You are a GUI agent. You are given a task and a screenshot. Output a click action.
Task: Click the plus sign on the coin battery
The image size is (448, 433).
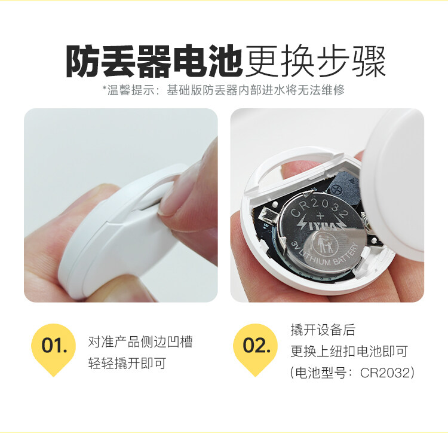coord(320,216)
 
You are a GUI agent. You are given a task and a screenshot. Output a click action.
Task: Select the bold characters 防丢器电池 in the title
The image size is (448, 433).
coord(154,61)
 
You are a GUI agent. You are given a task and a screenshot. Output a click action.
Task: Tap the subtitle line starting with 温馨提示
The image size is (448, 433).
coord(224,90)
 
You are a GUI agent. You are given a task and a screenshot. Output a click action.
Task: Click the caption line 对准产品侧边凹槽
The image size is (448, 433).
coord(140,341)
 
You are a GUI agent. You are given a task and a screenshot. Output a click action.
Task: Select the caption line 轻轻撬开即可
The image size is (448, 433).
coord(127,363)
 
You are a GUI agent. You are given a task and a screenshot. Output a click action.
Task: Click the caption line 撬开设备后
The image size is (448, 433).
coord(323,330)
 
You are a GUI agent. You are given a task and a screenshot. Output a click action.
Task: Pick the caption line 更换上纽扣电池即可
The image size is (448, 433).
coord(349,351)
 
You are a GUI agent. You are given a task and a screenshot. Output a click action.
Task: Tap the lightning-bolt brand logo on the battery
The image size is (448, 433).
coord(321,226)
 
